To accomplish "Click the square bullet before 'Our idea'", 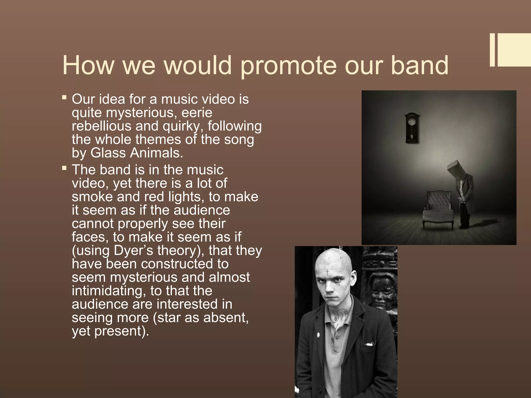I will pos(64,98).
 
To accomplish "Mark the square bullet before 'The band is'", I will pos(64,168).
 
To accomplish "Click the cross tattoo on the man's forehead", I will pos(327,272).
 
